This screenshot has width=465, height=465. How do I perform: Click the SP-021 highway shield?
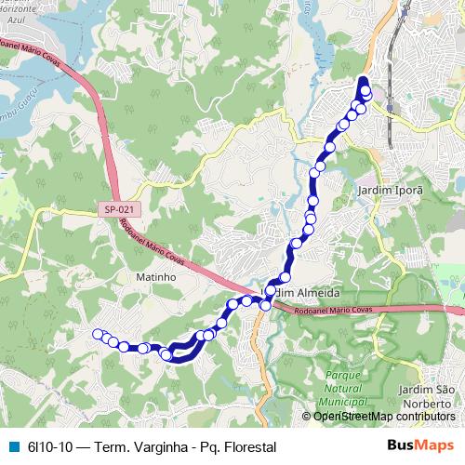coord(116,211)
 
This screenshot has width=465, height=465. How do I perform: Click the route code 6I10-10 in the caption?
coord(49,446)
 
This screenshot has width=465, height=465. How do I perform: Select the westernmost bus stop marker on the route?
coord(96,334)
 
